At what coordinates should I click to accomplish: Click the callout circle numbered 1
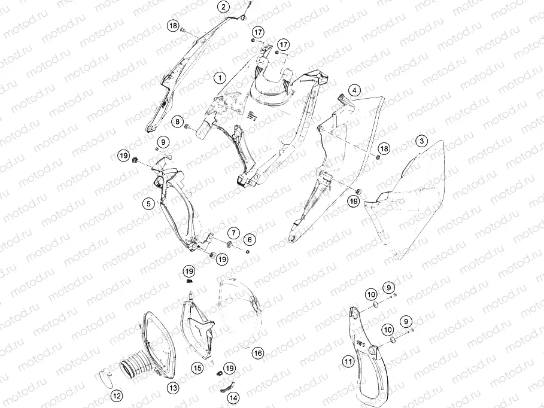pyautogui.click(x=220, y=78)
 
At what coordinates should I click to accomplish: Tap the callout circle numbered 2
pyautogui.click(x=223, y=7)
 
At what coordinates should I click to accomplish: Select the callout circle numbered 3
pyautogui.click(x=422, y=141)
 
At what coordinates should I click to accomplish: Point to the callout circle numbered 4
pyautogui.click(x=354, y=90)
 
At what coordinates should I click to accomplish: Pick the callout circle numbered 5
pyautogui.click(x=149, y=203)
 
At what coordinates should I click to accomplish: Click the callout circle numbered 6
pyautogui.click(x=250, y=239)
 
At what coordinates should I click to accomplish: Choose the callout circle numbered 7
pyautogui.click(x=233, y=233)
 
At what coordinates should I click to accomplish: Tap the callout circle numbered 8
pyautogui.click(x=178, y=121)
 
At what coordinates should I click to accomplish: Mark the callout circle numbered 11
pyautogui.click(x=348, y=362)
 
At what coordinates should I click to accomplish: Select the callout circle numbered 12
pyautogui.click(x=117, y=396)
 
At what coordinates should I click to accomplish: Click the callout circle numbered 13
pyautogui.click(x=173, y=388)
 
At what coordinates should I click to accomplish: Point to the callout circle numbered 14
pyautogui.click(x=234, y=398)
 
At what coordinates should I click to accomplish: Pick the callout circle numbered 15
pyautogui.click(x=197, y=368)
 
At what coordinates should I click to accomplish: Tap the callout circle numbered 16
pyautogui.click(x=258, y=353)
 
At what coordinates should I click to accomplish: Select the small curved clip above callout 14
pyautogui.click(x=227, y=386)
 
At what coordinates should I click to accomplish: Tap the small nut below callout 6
pyautogui.click(x=248, y=251)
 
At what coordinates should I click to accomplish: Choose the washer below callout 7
pyautogui.click(x=230, y=245)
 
